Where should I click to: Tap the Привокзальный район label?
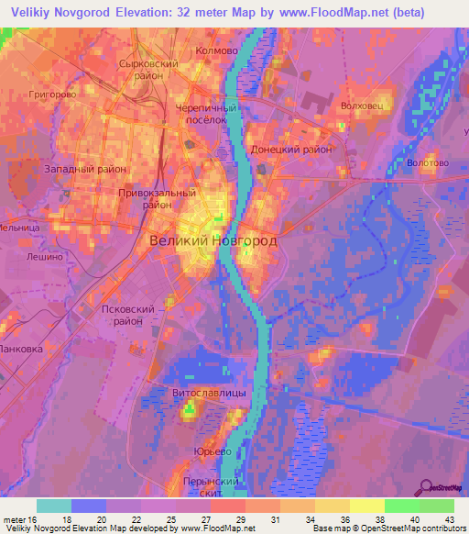click(x=157, y=199)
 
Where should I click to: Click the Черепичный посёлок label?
click(x=207, y=113)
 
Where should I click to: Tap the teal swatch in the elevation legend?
click(x=54, y=506)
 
